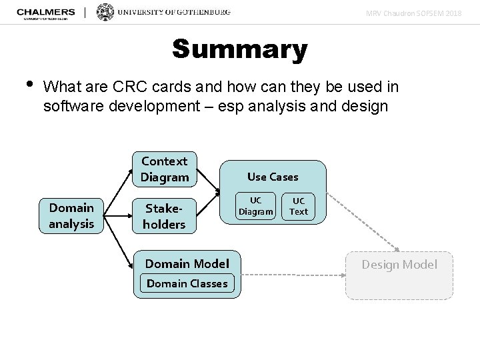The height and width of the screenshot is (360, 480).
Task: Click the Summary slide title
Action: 239,49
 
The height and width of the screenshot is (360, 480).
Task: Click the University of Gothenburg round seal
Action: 105,12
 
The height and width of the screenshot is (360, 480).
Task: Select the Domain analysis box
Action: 71,215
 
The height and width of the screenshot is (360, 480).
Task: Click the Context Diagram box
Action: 165,169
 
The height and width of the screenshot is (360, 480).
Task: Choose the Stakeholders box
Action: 164,215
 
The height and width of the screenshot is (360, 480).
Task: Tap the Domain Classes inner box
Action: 187,283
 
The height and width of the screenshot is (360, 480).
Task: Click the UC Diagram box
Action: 256,206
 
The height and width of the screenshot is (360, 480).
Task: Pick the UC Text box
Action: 299,206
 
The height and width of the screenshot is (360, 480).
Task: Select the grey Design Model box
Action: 399,275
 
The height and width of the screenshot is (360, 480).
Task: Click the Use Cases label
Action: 273,177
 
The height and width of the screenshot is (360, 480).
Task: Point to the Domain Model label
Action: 187,263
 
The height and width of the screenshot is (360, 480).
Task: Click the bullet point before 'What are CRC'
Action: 27,85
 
